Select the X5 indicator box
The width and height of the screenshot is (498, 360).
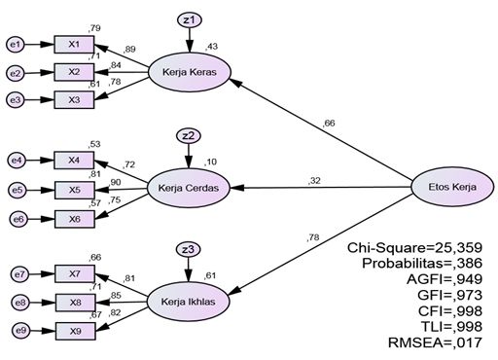[x=75, y=189]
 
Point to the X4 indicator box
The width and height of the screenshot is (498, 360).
[x=75, y=160]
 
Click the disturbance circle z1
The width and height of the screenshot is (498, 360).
[x=189, y=19]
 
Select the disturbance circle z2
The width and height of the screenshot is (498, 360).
[x=189, y=135]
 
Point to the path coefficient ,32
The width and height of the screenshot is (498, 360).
[x=314, y=180]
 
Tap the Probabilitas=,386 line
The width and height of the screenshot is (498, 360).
[x=420, y=264]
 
